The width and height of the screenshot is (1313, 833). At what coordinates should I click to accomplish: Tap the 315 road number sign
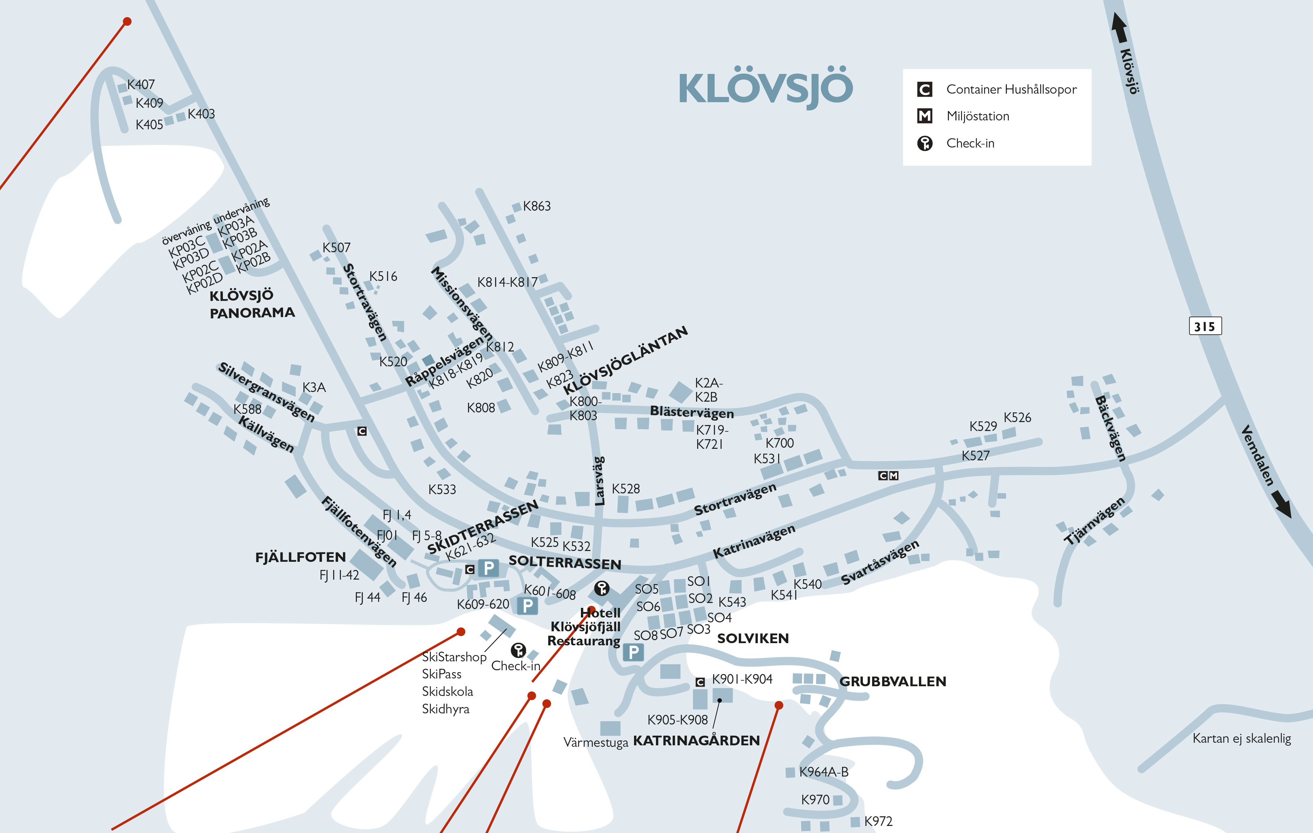[x=1205, y=326]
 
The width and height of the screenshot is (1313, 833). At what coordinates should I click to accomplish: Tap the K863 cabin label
[x=537, y=206]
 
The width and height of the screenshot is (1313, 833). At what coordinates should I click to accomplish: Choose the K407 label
[x=141, y=85]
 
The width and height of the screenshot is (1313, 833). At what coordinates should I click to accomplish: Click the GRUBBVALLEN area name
[x=893, y=681]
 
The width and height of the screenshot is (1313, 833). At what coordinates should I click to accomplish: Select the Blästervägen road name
[x=691, y=412]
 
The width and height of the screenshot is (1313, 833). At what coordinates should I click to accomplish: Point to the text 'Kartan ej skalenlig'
[x=1242, y=739]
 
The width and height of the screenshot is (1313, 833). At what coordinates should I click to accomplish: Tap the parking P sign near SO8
[x=633, y=652]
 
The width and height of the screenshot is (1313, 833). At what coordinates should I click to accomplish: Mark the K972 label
[x=878, y=821]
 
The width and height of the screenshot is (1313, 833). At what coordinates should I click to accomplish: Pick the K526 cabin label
[x=1017, y=418]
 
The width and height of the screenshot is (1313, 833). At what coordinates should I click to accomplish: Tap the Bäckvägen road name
[x=1110, y=429]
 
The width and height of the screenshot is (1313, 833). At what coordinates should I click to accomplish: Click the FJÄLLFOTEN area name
[x=300, y=557]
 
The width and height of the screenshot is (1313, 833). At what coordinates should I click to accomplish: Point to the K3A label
[x=314, y=387]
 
